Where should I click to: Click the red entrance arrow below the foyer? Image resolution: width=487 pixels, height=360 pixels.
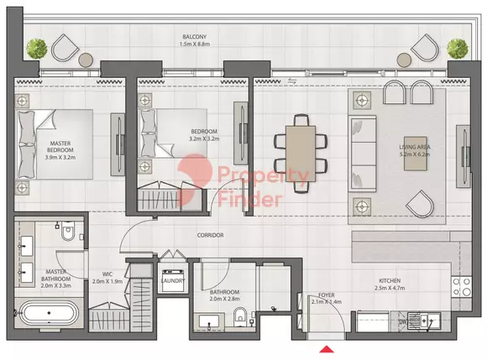point(327,349)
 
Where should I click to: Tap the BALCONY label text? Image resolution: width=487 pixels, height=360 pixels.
point(195,37)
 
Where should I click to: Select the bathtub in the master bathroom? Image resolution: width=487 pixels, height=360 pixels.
point(49,313)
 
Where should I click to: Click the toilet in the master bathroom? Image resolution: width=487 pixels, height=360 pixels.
point(68,231)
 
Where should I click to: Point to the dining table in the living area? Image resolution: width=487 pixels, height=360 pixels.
point(301,154)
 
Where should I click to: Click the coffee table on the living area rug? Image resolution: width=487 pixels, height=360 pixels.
point(416,154)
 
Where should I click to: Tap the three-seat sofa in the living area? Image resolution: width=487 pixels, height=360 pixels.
point(363,154)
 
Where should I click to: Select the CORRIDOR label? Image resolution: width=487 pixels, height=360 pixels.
point(210,235)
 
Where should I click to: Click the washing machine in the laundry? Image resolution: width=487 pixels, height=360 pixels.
point(173,280)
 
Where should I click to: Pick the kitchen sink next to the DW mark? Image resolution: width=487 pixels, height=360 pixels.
point(424,321)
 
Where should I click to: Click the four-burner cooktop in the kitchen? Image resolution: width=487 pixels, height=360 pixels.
point(461,287)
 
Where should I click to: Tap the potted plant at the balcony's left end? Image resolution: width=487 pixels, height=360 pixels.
point(37,49)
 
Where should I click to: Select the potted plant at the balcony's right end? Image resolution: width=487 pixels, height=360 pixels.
point(458,49)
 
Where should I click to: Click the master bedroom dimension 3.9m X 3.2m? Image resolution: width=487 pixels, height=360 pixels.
point(60,157)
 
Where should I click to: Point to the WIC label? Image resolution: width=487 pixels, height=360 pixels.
point(107,274)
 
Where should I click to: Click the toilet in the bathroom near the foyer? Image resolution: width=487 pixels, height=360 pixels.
point(240,316)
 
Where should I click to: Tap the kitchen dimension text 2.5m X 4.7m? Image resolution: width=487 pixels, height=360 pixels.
point(390,288)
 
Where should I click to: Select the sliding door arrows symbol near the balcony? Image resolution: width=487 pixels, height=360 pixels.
point(292,81)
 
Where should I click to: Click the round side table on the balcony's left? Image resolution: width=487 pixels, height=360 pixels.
point(86,60)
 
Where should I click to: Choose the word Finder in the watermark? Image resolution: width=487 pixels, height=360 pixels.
point(250,199)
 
